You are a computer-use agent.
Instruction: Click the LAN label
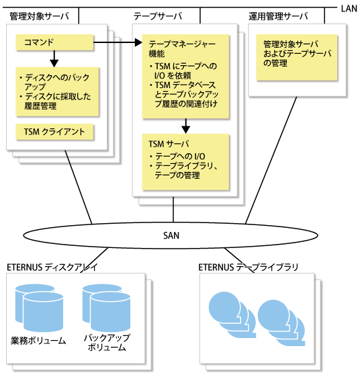click(349, 9)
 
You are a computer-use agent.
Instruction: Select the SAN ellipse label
click(171, 236)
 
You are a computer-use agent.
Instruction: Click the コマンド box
click(54, 42)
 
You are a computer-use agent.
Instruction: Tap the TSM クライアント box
click(54, 132)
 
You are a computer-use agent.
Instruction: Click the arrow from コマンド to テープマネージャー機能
click(118, 42)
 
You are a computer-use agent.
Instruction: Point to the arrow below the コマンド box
click(54, 59)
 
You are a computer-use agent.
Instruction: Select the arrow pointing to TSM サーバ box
click(186, 126)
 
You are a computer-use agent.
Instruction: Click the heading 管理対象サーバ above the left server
click(39, 16)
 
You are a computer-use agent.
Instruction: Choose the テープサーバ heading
click(158, 16)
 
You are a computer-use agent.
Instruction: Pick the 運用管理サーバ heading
click(278, 16)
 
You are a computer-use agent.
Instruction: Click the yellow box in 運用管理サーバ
click(297, 57)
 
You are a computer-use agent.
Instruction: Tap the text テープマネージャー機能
click(182, 49)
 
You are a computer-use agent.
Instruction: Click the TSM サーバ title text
click(169, 144)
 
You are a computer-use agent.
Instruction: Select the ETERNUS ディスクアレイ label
click(52, 267)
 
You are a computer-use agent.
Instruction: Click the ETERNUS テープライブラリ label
click(249, 267)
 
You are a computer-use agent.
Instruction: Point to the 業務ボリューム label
click(38, 341)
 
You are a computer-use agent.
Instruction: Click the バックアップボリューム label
click(107, 343)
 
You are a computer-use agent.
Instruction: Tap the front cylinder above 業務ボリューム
click(43, 312)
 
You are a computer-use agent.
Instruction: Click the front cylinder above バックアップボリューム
click(110, 312)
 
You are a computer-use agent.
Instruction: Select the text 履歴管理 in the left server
click(40, 106)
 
